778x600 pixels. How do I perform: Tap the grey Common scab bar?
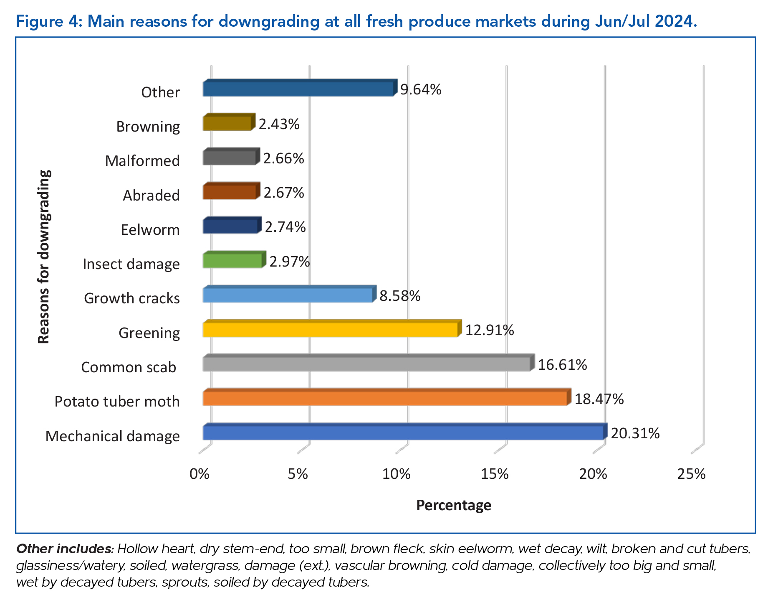point(366,364)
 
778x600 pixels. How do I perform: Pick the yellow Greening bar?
point(330,330)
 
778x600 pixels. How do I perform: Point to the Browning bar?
point(227,123)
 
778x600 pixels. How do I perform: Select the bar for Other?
point(298,89)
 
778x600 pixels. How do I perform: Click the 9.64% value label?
point(421,89)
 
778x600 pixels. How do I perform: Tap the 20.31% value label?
point(635,433)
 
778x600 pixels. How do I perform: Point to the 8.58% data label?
point(400,296)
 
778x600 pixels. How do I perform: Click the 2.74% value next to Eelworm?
point(285,227)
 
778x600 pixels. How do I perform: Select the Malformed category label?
point(142,161)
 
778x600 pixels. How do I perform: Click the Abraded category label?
point(151,195)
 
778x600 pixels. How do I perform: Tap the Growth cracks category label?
point(132,298)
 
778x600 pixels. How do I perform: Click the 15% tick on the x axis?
point(495,474)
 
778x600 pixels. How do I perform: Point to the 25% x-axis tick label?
point(692,474)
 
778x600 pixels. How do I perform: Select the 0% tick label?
point(200,474)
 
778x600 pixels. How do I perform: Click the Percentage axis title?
point(454,505)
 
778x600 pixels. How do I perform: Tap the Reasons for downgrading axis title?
point(44,257)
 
